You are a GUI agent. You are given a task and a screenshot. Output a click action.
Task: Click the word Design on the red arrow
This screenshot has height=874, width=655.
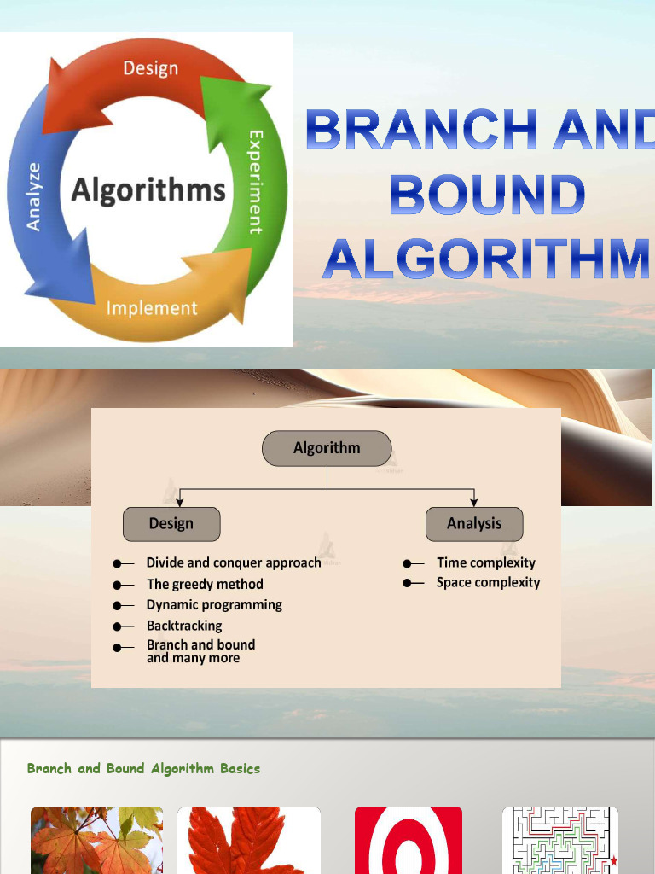(150, 67)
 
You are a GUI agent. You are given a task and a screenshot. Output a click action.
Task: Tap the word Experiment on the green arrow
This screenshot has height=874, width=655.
(255, 181)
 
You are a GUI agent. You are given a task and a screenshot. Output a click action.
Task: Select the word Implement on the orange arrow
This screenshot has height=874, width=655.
(151, 308)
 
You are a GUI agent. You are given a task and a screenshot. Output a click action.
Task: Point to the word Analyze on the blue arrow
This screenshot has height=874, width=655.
(34, 196)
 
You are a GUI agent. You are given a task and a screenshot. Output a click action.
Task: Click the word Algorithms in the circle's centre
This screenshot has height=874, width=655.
(149, 189)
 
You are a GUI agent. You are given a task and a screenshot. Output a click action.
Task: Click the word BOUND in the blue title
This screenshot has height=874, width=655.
(487, 195)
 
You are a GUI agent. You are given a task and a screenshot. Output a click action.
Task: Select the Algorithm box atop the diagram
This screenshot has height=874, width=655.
(327, 448)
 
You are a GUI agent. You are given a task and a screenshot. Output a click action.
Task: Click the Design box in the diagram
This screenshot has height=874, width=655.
(171, 524)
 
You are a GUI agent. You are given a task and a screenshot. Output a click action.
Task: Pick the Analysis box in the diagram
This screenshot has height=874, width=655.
(474, 524)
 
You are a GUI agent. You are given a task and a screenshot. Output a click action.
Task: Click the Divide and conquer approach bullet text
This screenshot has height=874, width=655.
(234, 562)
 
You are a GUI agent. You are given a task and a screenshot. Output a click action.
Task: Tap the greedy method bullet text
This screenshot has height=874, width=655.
(205, 584)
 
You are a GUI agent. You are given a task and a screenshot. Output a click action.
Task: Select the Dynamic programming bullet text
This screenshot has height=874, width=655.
(214, 604)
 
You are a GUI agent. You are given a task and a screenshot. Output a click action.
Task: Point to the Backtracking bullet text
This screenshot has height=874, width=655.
(184, 626)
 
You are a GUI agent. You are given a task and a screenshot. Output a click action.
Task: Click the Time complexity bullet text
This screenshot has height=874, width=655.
(486, 562)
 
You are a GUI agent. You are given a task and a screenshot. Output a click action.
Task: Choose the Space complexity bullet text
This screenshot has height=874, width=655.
(488, 582)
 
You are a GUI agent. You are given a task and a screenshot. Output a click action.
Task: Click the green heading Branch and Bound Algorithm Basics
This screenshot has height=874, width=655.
(143, 768)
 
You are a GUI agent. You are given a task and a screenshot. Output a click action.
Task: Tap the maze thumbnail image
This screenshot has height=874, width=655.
(559, 840)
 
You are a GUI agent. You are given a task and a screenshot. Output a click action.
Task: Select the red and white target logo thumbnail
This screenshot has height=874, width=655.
(409, 840)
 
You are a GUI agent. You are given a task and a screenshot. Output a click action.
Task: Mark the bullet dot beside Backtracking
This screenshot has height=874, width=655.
(118, 626)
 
